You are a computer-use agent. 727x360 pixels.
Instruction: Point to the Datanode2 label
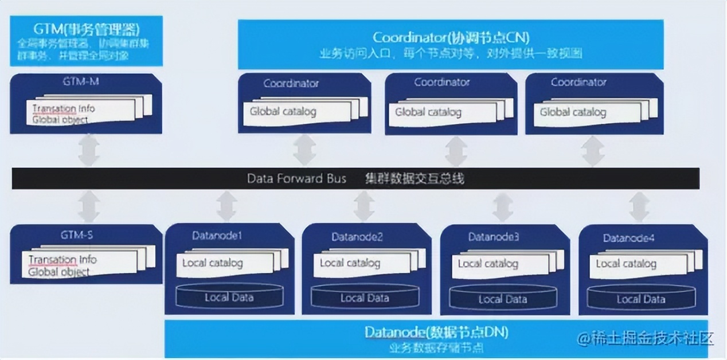(357, 237)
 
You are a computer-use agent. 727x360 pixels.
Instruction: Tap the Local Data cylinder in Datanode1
(229, 297)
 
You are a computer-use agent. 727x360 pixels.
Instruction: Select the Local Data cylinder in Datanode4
(640, 299)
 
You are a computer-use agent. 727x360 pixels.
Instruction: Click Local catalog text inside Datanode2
(350, 263)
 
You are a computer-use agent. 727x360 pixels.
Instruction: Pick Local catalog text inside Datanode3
(487, 264)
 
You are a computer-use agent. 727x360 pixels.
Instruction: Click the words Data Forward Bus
(296, 178)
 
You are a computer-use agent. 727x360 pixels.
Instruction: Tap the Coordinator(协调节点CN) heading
(451, 38)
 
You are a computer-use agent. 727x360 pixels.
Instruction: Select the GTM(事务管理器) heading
(87, 28)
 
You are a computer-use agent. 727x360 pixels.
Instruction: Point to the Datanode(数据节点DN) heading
(436, 332)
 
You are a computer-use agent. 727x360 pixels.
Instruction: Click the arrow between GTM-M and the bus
(89, 151)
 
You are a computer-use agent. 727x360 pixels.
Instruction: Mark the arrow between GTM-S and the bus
(89, 206)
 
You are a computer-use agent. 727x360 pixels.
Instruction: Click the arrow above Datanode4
(639, 206)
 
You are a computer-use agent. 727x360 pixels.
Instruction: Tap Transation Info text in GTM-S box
(62, 260)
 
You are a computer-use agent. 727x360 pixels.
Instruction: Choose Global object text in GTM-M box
(60, 120)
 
